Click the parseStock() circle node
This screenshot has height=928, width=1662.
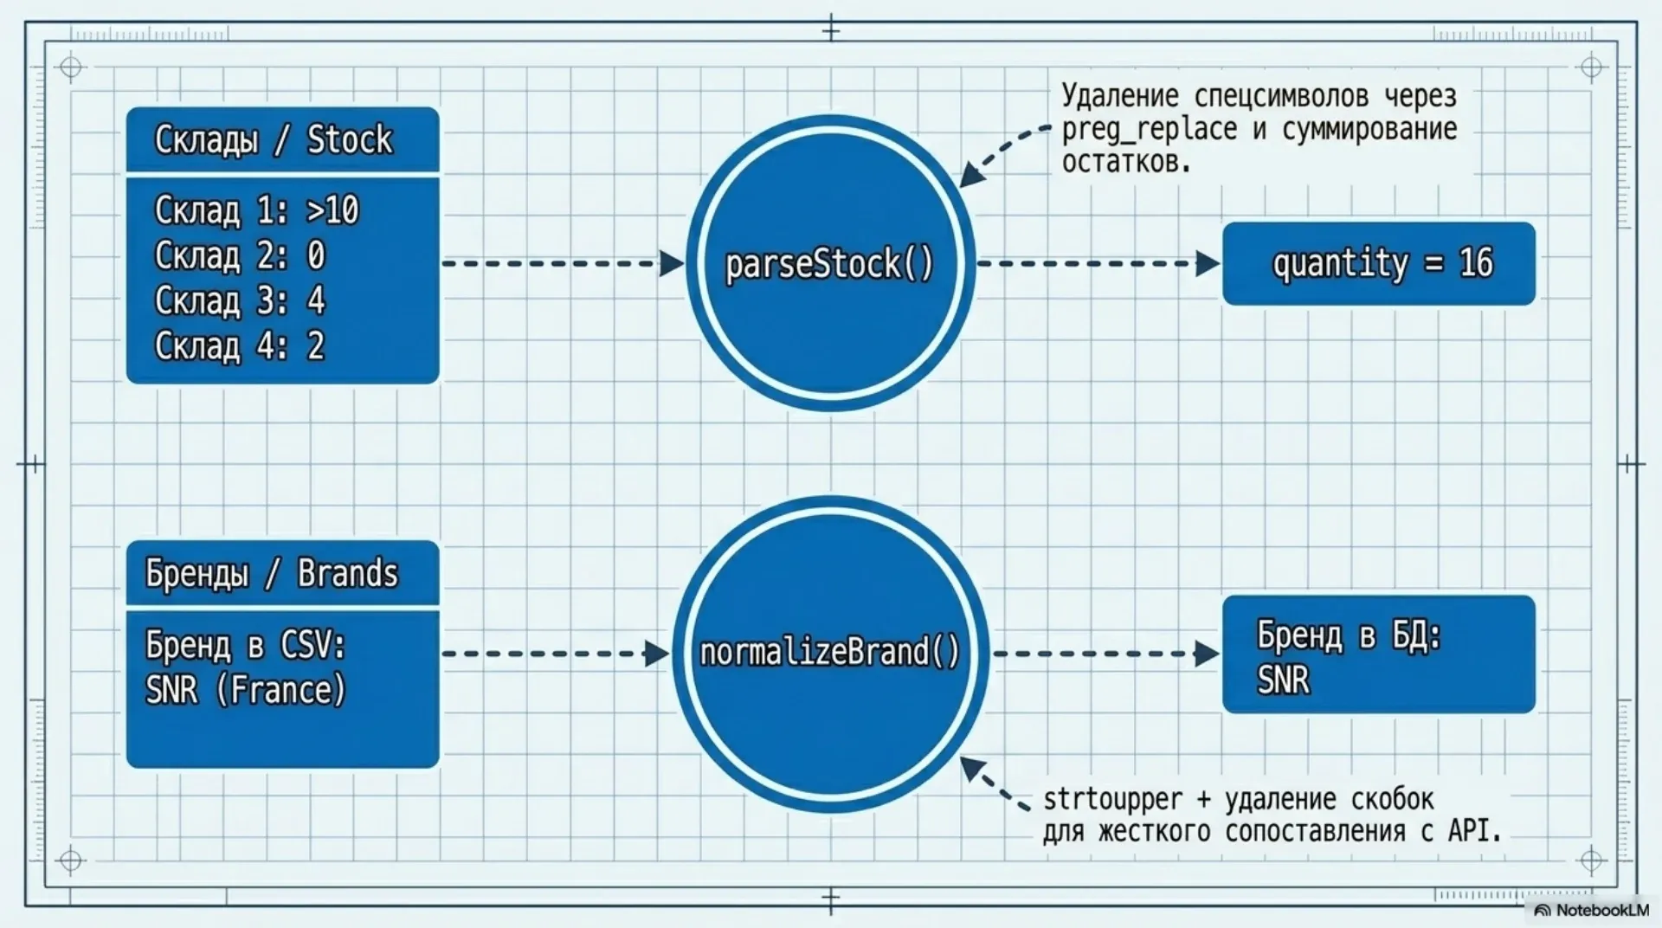coord(830,263)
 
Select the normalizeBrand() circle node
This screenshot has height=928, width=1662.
coord(830,653)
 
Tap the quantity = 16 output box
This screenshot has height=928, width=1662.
coord(1378,263)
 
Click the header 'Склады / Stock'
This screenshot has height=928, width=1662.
coord(274,139)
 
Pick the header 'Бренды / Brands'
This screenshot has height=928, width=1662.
coord(272,573)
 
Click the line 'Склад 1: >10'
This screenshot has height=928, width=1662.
coord(256,210)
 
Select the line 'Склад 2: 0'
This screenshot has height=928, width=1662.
coord(240,255)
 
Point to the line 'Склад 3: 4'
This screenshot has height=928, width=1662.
coord(240,300)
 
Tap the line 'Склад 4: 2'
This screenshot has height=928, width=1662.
coord(240,345)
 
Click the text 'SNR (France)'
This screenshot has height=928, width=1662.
coord(246,690)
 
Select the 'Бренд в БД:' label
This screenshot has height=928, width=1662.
coord(1349,635)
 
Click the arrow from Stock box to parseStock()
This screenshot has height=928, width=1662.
coord(563,263)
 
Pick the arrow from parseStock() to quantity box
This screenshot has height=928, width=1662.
coord(1098,263)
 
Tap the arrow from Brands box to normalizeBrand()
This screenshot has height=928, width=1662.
coord(556,653)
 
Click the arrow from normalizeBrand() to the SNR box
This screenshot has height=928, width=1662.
coord(1105,653)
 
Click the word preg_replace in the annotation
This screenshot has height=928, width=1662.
coord(1149,129)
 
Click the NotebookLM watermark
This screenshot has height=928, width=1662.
coord(1593,910)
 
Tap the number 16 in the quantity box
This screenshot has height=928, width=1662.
coord(1477,262)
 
